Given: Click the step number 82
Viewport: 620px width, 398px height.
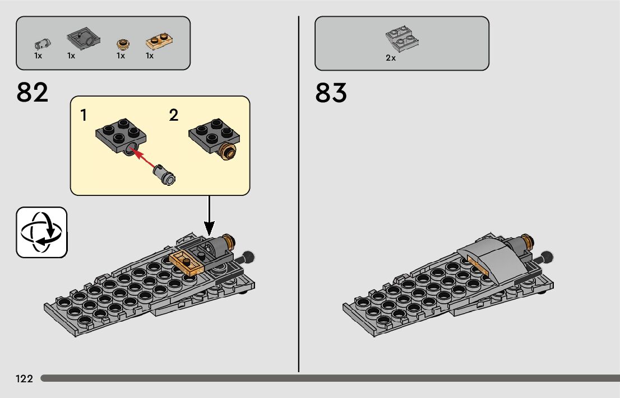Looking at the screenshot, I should click(33, 93).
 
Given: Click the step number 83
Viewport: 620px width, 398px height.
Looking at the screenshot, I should click(331, 93).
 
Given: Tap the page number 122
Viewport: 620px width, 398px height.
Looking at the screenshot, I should click(24, 379).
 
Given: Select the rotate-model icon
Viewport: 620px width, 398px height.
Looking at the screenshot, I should click(41, 232).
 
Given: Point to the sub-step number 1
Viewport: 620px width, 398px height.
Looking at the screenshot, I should click(84, 116).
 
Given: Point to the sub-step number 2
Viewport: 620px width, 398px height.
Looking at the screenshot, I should click(173, 116).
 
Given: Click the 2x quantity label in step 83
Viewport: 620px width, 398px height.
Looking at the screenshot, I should click(391, 58).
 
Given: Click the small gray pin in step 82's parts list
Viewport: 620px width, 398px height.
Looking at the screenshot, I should click(41, 43).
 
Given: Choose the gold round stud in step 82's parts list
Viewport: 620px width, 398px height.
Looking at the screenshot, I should click(122, 44).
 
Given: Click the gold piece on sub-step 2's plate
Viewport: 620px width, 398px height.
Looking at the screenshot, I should click(227, 150).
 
